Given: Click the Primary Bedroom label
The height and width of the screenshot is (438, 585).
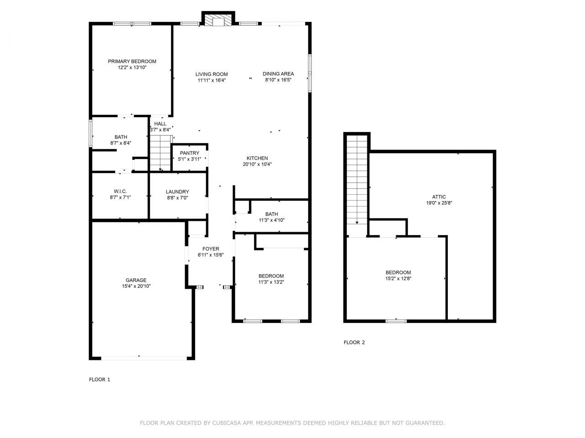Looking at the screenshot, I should [132, 62].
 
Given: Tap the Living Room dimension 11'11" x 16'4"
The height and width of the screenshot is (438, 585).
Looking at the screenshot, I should [212, 80].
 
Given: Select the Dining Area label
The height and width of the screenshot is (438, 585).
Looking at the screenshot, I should [278, 74].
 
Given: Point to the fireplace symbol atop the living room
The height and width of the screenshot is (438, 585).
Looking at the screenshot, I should [218, 21].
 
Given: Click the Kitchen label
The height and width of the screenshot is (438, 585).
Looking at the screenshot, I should [257, 158].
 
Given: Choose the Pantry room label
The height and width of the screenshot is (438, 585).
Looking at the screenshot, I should [189, 153].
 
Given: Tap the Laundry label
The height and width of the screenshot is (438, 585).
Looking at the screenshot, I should [177, 192].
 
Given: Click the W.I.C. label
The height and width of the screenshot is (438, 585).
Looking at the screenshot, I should [120, 191].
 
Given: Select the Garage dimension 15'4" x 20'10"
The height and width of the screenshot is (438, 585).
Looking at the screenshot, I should [136, 287].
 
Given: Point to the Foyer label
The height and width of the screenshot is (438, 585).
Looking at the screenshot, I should [211, 249].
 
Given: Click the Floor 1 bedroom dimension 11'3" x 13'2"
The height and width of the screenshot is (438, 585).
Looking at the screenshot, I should [271, 282].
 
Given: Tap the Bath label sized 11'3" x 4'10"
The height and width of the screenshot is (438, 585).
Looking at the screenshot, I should [271, 214].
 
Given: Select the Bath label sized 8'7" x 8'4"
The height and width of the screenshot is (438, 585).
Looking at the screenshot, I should [121, 137].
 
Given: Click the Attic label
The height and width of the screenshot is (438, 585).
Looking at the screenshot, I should [439, 197].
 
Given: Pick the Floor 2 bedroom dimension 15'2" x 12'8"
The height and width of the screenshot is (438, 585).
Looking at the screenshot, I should [398, 278].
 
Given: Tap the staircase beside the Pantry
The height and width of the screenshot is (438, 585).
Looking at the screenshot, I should [160, 153].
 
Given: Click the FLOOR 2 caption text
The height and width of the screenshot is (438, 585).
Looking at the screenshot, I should [354, 343].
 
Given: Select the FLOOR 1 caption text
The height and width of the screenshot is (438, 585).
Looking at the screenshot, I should [99, 380].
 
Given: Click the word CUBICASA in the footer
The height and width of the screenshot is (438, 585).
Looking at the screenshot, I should [227, 423].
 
